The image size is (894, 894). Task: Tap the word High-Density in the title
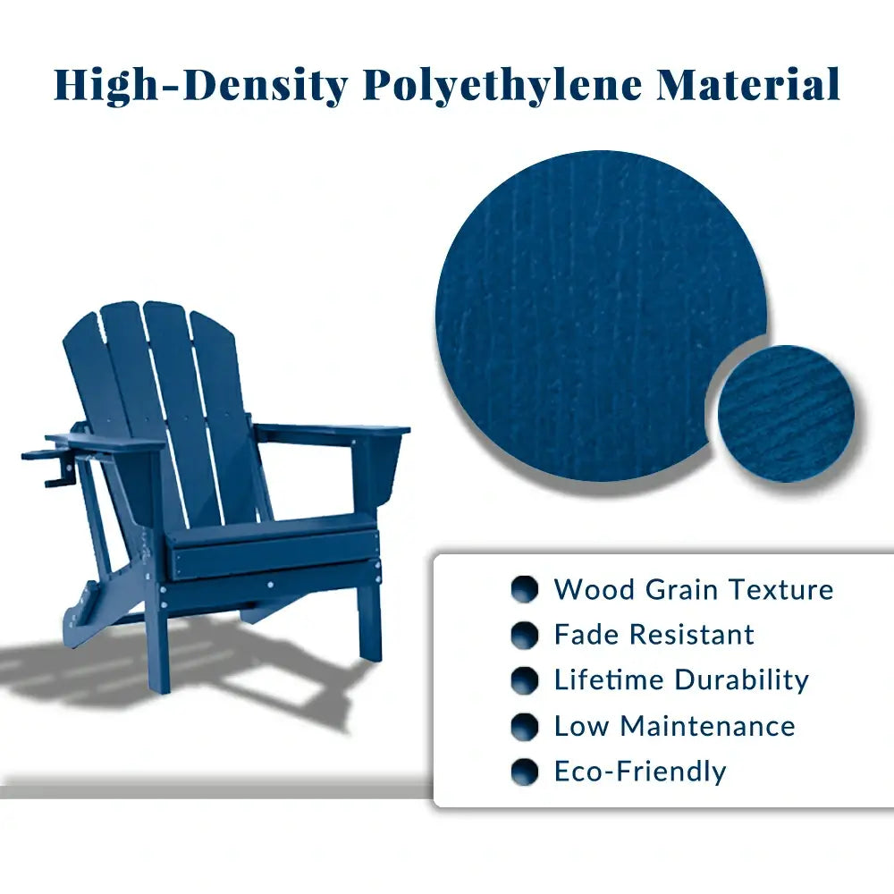click(199, 85)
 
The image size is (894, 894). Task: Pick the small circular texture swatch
click(786, 413)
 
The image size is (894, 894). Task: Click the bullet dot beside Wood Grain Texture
click(525, 589)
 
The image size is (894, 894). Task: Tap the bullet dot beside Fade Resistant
click(525, 635)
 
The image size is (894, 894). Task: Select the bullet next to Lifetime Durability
click(525, 680)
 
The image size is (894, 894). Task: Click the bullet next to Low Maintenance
click(525, 726)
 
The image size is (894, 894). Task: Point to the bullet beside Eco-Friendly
click(525, 772)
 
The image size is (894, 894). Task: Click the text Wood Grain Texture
click(693, 589)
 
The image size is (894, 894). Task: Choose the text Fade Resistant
click(654, 635)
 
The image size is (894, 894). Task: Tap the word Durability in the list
click(741, 679)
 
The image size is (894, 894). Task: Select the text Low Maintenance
click(674, 726)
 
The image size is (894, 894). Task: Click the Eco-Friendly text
click(640, 772)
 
